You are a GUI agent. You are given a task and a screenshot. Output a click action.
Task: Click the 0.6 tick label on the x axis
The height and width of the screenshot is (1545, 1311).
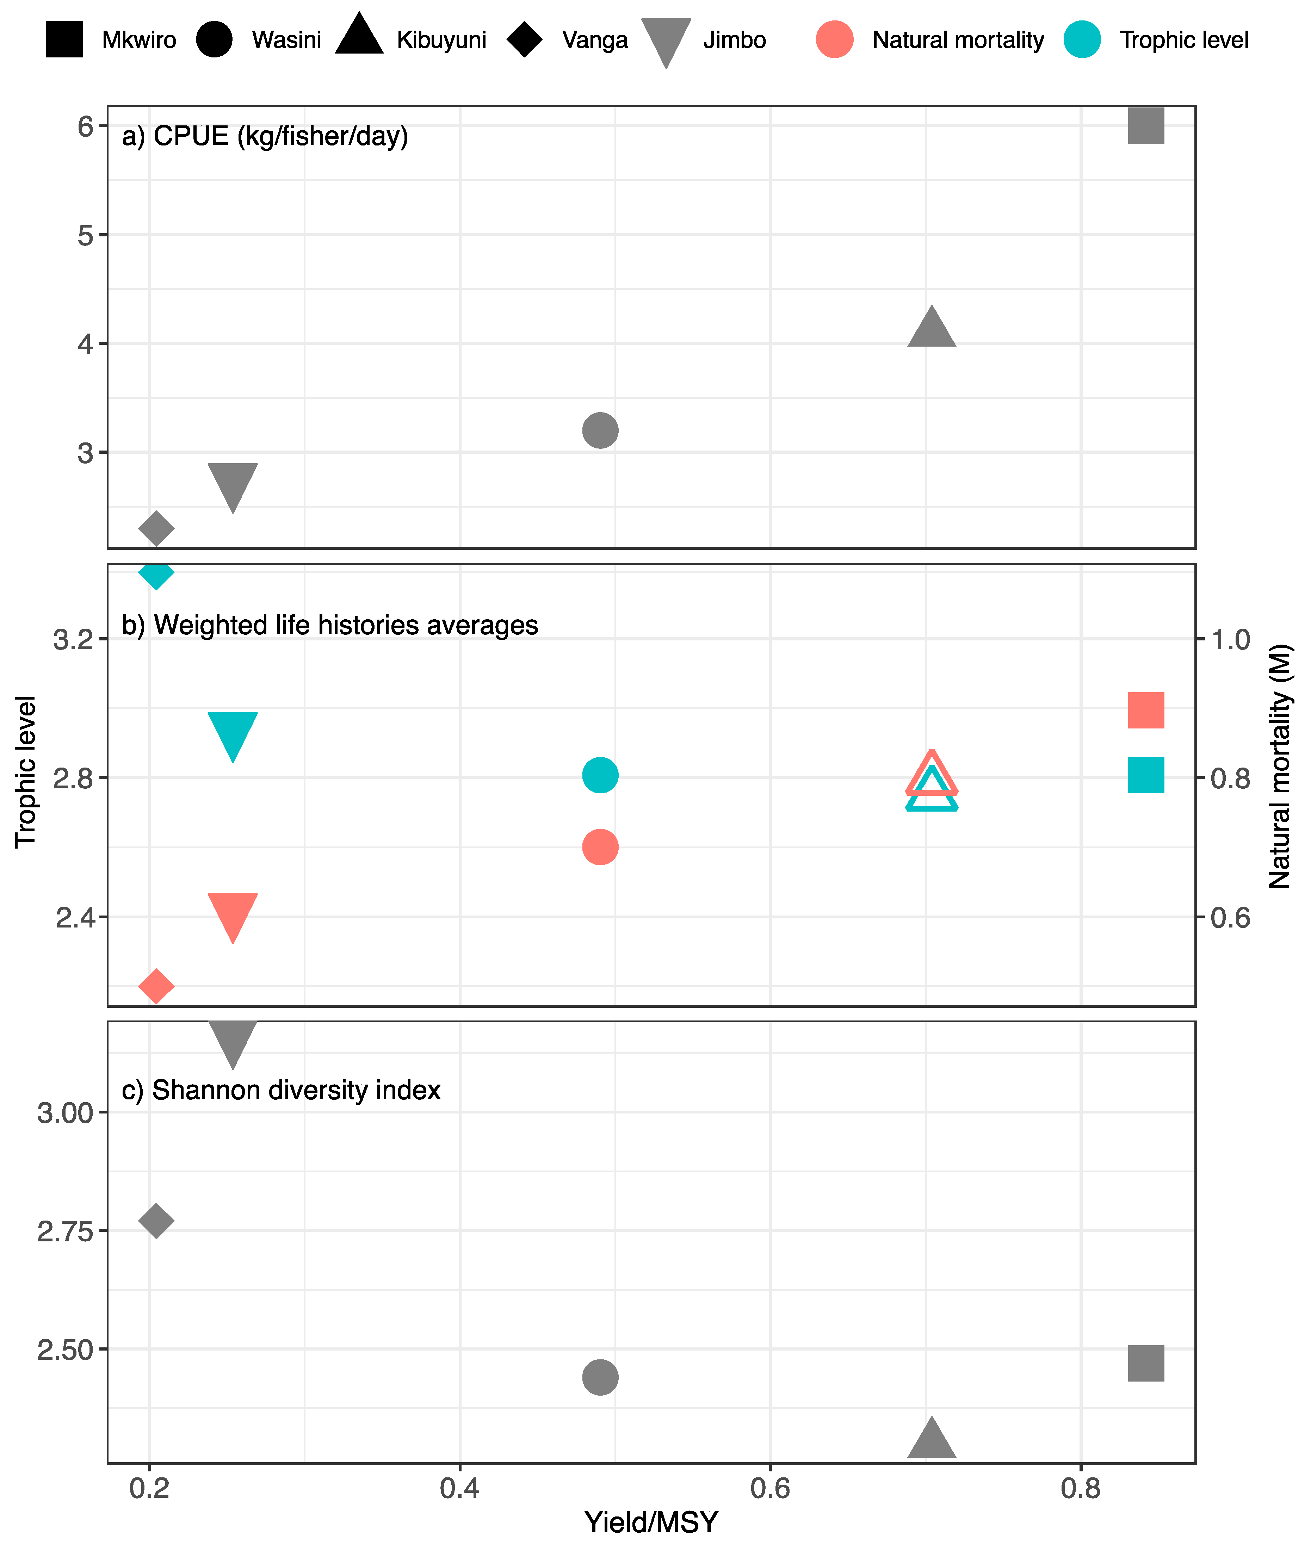coord(770,1489)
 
